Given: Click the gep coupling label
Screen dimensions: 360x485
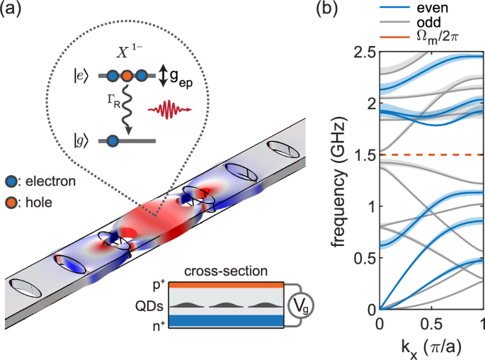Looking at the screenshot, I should click(188, 75).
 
